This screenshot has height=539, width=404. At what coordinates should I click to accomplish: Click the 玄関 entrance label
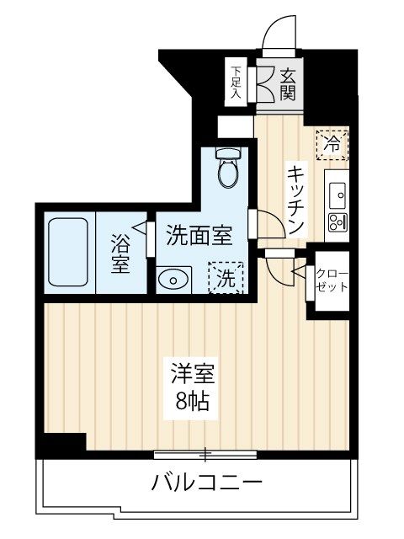click(286, 83)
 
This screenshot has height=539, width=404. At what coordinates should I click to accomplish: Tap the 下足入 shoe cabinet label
click(237, 83)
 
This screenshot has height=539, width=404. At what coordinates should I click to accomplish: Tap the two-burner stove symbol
click(336, 223)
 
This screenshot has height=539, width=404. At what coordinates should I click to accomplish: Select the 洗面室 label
click(199, 233)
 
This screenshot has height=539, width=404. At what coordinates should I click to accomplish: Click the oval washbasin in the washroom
click(173, 279)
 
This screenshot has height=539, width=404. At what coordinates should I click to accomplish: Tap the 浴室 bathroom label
click(120, 252)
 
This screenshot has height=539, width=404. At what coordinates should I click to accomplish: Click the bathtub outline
click(67, 251)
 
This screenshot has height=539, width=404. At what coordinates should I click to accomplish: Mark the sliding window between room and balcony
click(205, 455)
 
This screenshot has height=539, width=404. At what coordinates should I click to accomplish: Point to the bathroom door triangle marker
click(148, 227)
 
